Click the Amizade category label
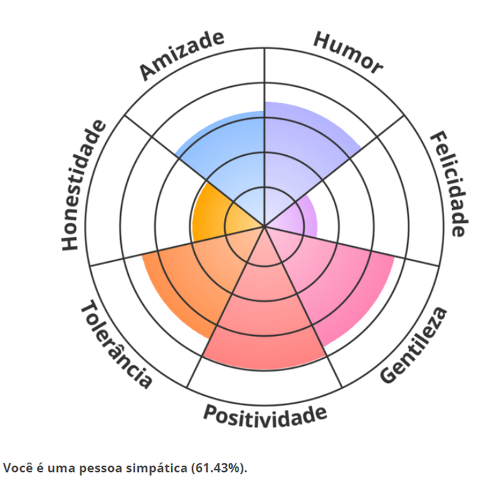pos(182,55)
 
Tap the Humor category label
pos(348,53)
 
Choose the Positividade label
pos(265,414)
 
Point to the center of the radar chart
pos(264,227)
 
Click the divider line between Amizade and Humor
pos(264,78)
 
